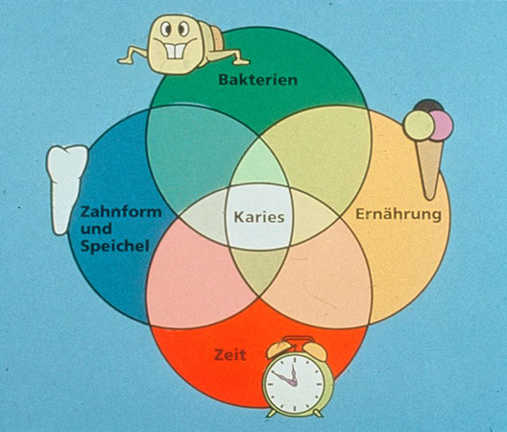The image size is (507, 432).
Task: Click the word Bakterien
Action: click(258, 80)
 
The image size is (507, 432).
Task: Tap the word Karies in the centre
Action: click(259, 217)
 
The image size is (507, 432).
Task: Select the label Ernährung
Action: click(398, 214)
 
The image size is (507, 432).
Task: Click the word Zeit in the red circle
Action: click(229, 355)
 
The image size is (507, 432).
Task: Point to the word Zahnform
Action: click(121, 212)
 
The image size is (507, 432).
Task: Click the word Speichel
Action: click(115, 246)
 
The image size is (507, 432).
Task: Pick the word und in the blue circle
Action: click(96, 228)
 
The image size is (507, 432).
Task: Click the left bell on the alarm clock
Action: click(278, 349)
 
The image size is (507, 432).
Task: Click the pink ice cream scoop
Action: click(442, 126)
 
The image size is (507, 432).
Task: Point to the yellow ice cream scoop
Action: click(419, 126)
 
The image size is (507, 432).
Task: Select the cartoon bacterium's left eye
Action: click(166, 29)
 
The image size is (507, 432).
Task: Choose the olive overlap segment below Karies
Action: click(259, 270)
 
